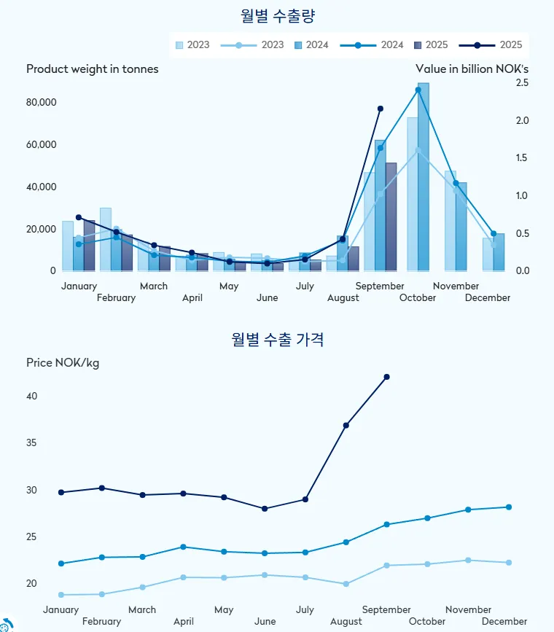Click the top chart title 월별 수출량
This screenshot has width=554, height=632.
point(278,15)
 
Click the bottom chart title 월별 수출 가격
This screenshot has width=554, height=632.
point(278,339)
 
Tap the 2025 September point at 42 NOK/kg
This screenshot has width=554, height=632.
point(386,377)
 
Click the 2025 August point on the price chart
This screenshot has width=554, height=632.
point(346,425)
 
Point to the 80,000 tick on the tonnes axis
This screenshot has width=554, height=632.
point(42,102)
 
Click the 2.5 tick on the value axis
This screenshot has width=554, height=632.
point(521,83)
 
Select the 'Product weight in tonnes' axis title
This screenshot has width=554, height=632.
point(93,69)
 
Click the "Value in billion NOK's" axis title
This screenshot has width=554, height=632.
point(472,69)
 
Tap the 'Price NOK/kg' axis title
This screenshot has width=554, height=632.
point(63,363)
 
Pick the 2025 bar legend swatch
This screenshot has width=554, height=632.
point(418,45)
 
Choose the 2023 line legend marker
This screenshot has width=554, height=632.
point(239,45)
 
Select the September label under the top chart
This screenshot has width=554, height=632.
point(380,286)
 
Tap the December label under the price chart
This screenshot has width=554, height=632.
point(504,621)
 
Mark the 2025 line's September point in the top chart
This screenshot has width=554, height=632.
point(380,109)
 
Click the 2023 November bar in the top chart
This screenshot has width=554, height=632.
point(450,221)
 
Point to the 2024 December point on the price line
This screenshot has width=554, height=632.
point(509,507)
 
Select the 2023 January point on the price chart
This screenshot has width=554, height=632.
point(61,595)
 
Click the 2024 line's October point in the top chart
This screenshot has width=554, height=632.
point(418,90)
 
